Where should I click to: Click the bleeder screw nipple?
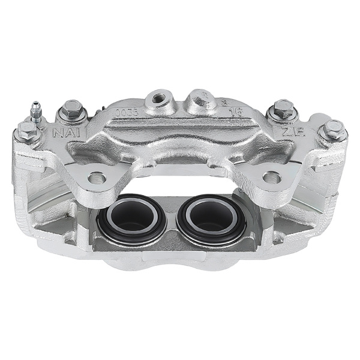coord(36,110)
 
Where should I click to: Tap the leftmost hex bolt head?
coord(26,130)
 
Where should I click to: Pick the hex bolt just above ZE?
coord(282,110)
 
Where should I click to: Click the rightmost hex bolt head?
coord(332,129)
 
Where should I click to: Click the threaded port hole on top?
coord(160,97)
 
